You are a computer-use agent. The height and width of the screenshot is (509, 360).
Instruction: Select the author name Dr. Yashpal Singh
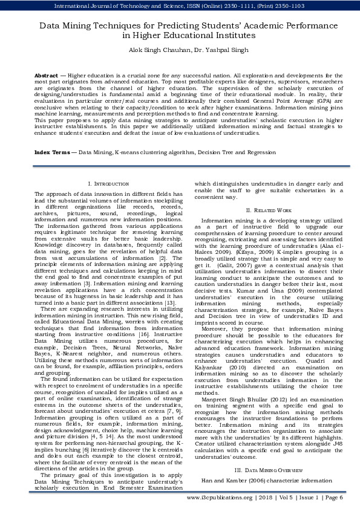pyautogui.click(x=206, y=50)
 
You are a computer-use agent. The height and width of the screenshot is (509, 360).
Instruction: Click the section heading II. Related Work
pyautogui.click(x=268, y=209)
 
